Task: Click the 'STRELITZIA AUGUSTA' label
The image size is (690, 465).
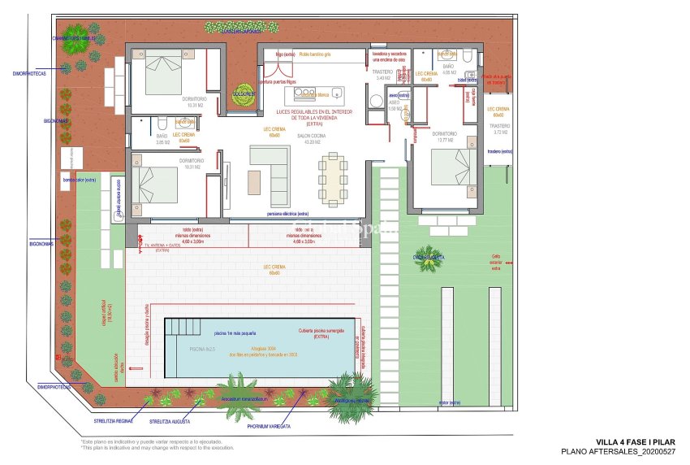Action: [172, 422]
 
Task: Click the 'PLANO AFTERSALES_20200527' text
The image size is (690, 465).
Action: [619, 450]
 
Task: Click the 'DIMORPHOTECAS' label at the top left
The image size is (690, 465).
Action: [29, 72]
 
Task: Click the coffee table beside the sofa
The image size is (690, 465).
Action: [256, 179]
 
